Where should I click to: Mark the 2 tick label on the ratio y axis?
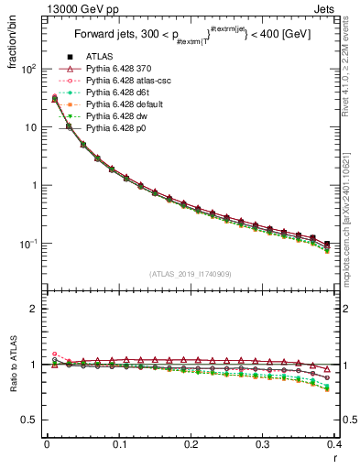coord(34,309)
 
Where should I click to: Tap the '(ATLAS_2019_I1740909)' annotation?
coord(190,273)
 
